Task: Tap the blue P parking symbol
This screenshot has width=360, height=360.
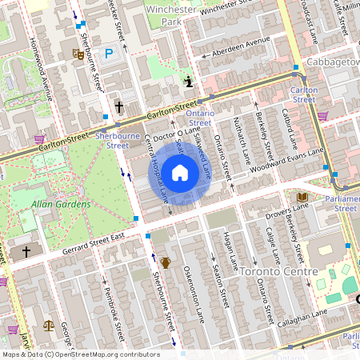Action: (x=110, y=53)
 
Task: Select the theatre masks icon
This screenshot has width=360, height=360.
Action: (x=78, y=54)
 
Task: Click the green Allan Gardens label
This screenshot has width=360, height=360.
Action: (x=61, y=204)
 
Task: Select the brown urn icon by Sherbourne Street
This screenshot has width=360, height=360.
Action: (x=166, y=262)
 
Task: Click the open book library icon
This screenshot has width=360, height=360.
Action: (x=302, y=197)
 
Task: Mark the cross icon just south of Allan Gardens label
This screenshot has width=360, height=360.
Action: (x=26, y=252)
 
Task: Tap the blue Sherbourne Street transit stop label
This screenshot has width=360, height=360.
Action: (x=112, y=141)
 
